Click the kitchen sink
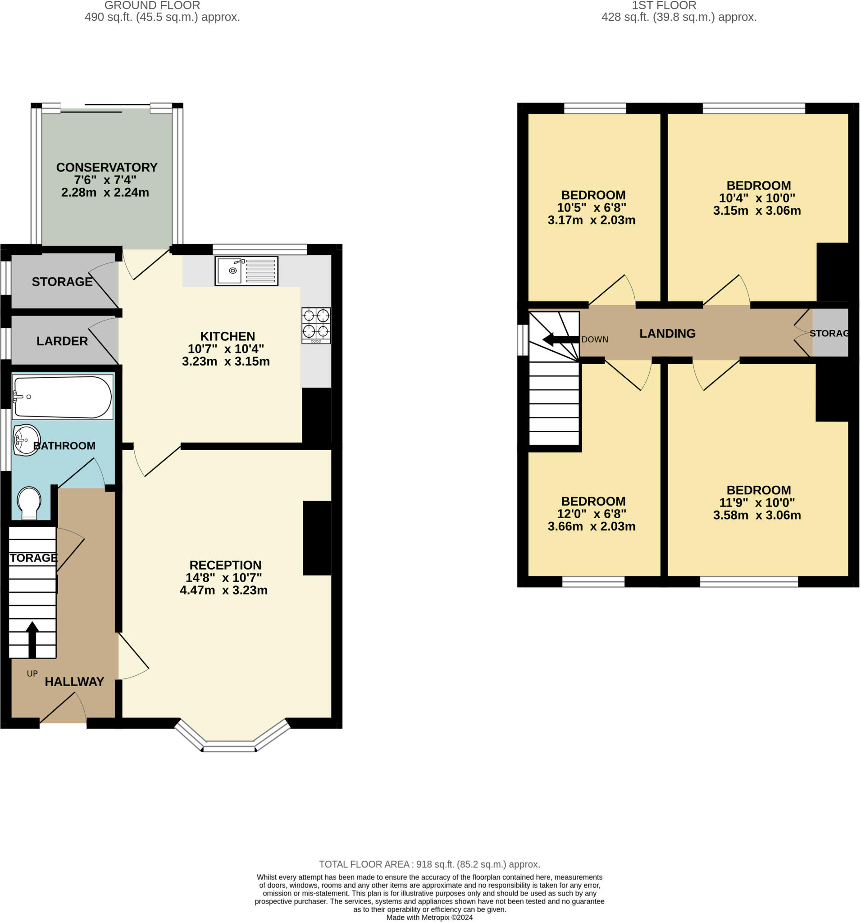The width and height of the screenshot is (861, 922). click(x=246, y=271)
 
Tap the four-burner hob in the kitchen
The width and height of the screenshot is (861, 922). click(x=316, y=325)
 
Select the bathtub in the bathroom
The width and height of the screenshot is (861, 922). click(x=62, y=397)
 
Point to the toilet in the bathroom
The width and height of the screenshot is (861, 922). click(x=29, y=503)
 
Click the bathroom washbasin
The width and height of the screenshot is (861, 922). click(x=27, y=440)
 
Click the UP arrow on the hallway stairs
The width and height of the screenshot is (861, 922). click(x=32, y=640)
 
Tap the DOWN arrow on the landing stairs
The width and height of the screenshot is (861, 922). click(x=560, y=339)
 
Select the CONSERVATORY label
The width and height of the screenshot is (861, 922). click(x=107, y=167)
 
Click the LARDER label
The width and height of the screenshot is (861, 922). click(x=62, y=341)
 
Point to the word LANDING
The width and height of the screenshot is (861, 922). click(x=667, y=333)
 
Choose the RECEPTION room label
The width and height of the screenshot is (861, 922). click(x=226, y=565)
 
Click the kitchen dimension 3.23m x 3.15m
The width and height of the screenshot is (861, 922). click(x=226, y=362)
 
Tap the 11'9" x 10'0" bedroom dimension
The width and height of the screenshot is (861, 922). click(x=757, y=502)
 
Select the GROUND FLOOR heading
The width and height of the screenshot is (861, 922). click(x=152, y=5)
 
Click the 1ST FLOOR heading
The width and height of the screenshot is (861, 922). click(x=664, y=5)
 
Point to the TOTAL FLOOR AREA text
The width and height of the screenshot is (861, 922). click(x=429, y=864)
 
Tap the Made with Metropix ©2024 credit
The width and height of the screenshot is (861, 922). click(x=429, y=917)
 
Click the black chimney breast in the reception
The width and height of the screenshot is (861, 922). click(x=317, y=538)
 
